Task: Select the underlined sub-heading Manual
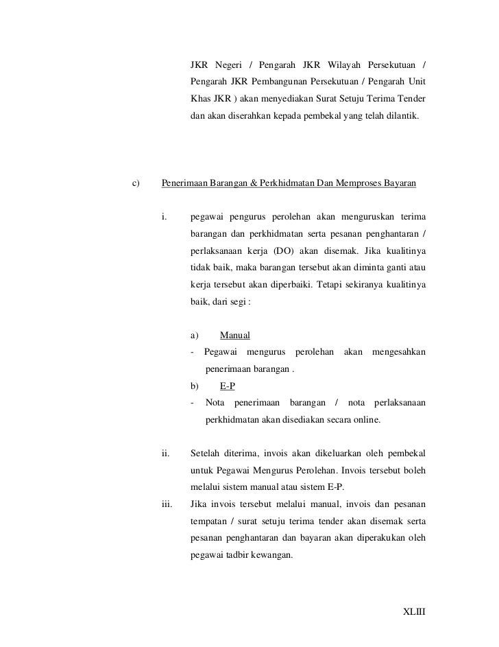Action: (x=234, y=336)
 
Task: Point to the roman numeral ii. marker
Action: (x=165, y=453)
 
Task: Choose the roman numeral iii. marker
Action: (x=167, y=504)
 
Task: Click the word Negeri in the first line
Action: (x=229, y=66)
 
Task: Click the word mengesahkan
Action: (x=398, y=353)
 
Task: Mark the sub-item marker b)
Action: (x=194, y=386)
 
